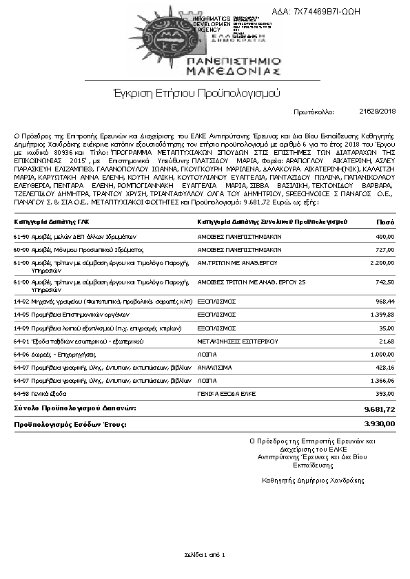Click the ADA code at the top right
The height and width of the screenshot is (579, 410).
pos(326,11)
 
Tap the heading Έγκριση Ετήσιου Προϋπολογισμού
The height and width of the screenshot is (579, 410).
pos(196,92)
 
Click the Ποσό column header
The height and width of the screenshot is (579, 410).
pos(385,222)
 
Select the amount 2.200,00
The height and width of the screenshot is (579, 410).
pos(381,262)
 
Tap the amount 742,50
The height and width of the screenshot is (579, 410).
pos(385,282)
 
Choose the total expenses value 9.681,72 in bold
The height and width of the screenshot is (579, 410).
pos(380,409)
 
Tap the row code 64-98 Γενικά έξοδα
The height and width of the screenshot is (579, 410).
pos(40,394)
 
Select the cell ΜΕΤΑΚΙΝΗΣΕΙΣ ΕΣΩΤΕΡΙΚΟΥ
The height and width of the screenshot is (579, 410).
pos(237,341)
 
